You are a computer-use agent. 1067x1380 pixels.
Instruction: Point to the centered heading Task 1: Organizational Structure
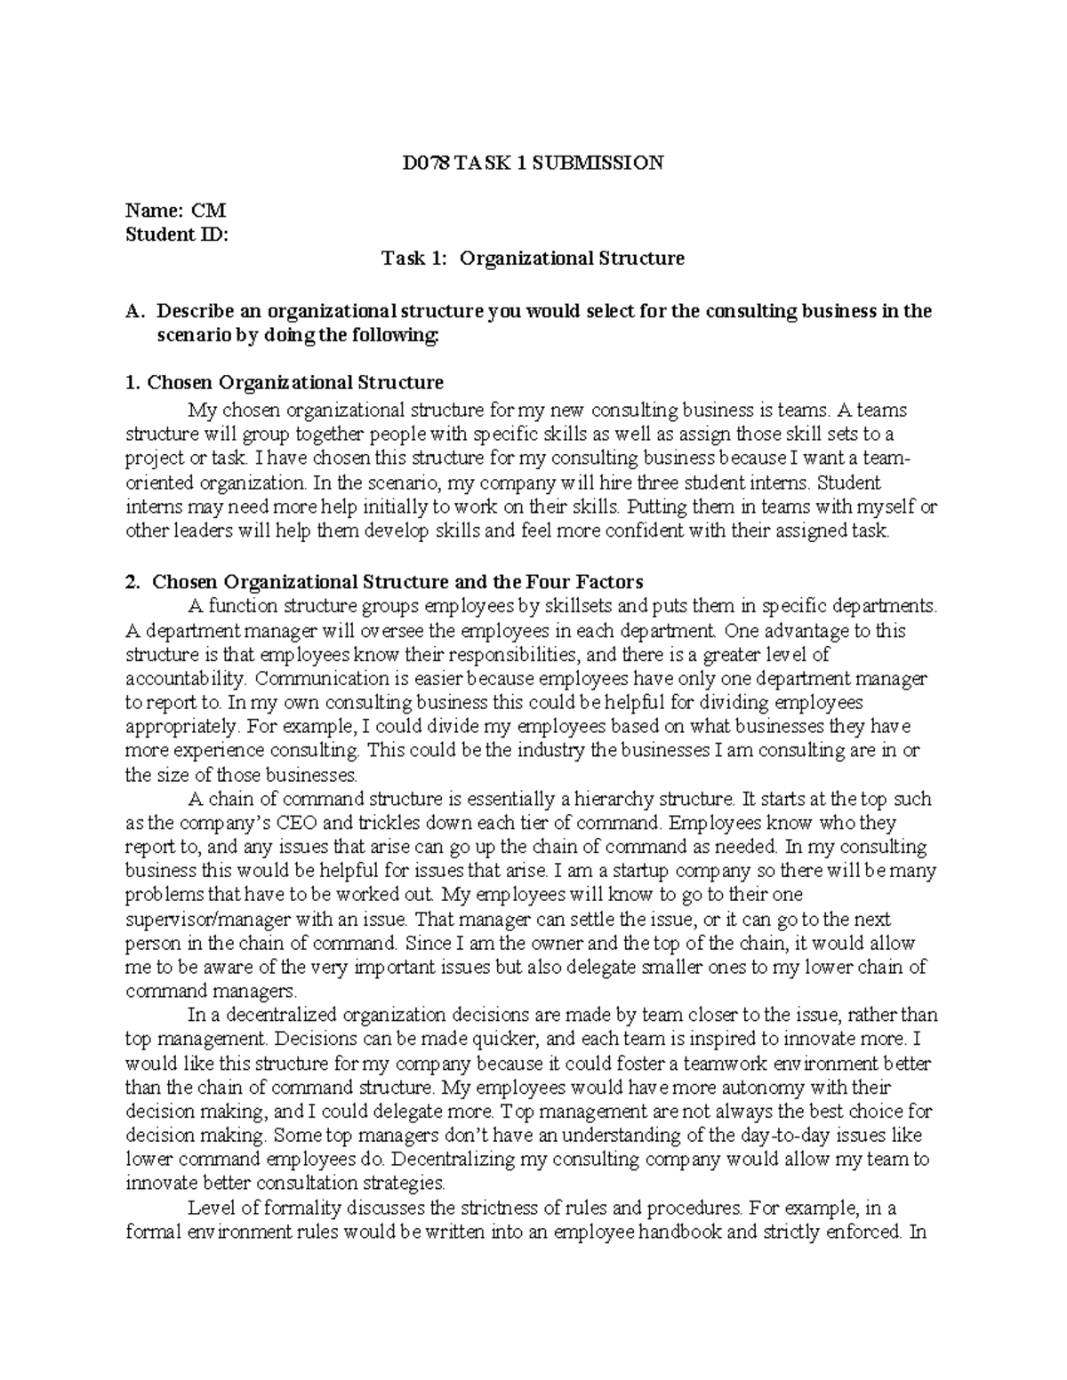point(533,259)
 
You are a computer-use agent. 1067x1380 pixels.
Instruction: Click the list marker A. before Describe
point(135,311)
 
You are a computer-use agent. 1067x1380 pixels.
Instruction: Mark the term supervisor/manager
point(225,919)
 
